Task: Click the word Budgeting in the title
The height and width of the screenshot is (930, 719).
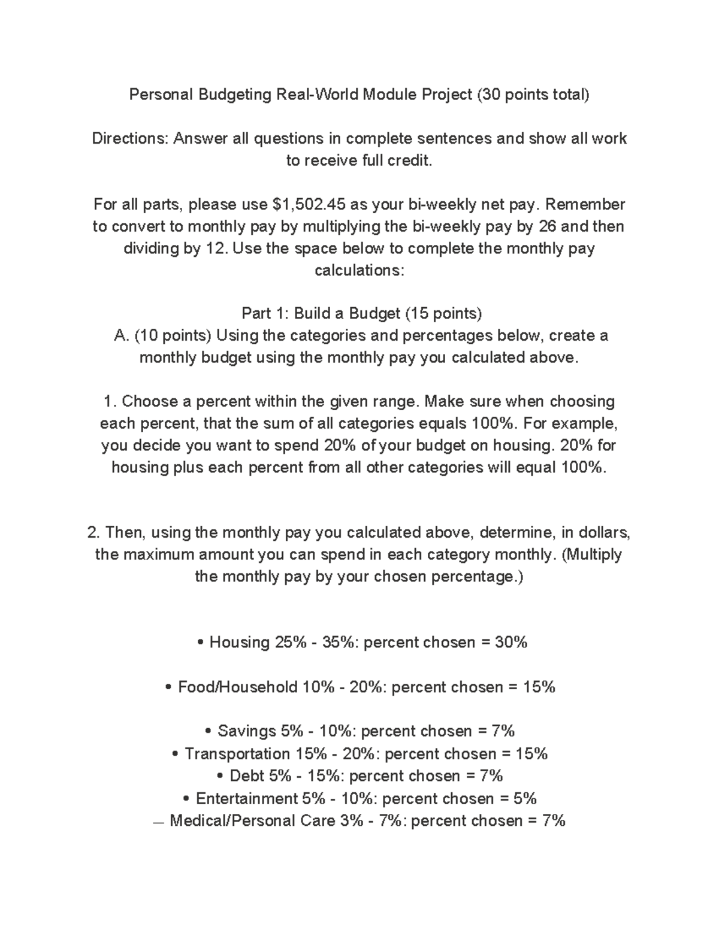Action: pos(234,95)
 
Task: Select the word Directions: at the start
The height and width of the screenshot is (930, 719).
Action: pos(130,138)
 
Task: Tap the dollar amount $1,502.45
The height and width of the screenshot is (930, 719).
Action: pos(309,204)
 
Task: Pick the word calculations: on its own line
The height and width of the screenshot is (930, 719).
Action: pos(359,270)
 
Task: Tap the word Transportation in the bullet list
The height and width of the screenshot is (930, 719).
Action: pos(237,753)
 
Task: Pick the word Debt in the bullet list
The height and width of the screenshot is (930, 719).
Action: pos(247,776)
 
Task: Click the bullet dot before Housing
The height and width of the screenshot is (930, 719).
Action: pos(200,643)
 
